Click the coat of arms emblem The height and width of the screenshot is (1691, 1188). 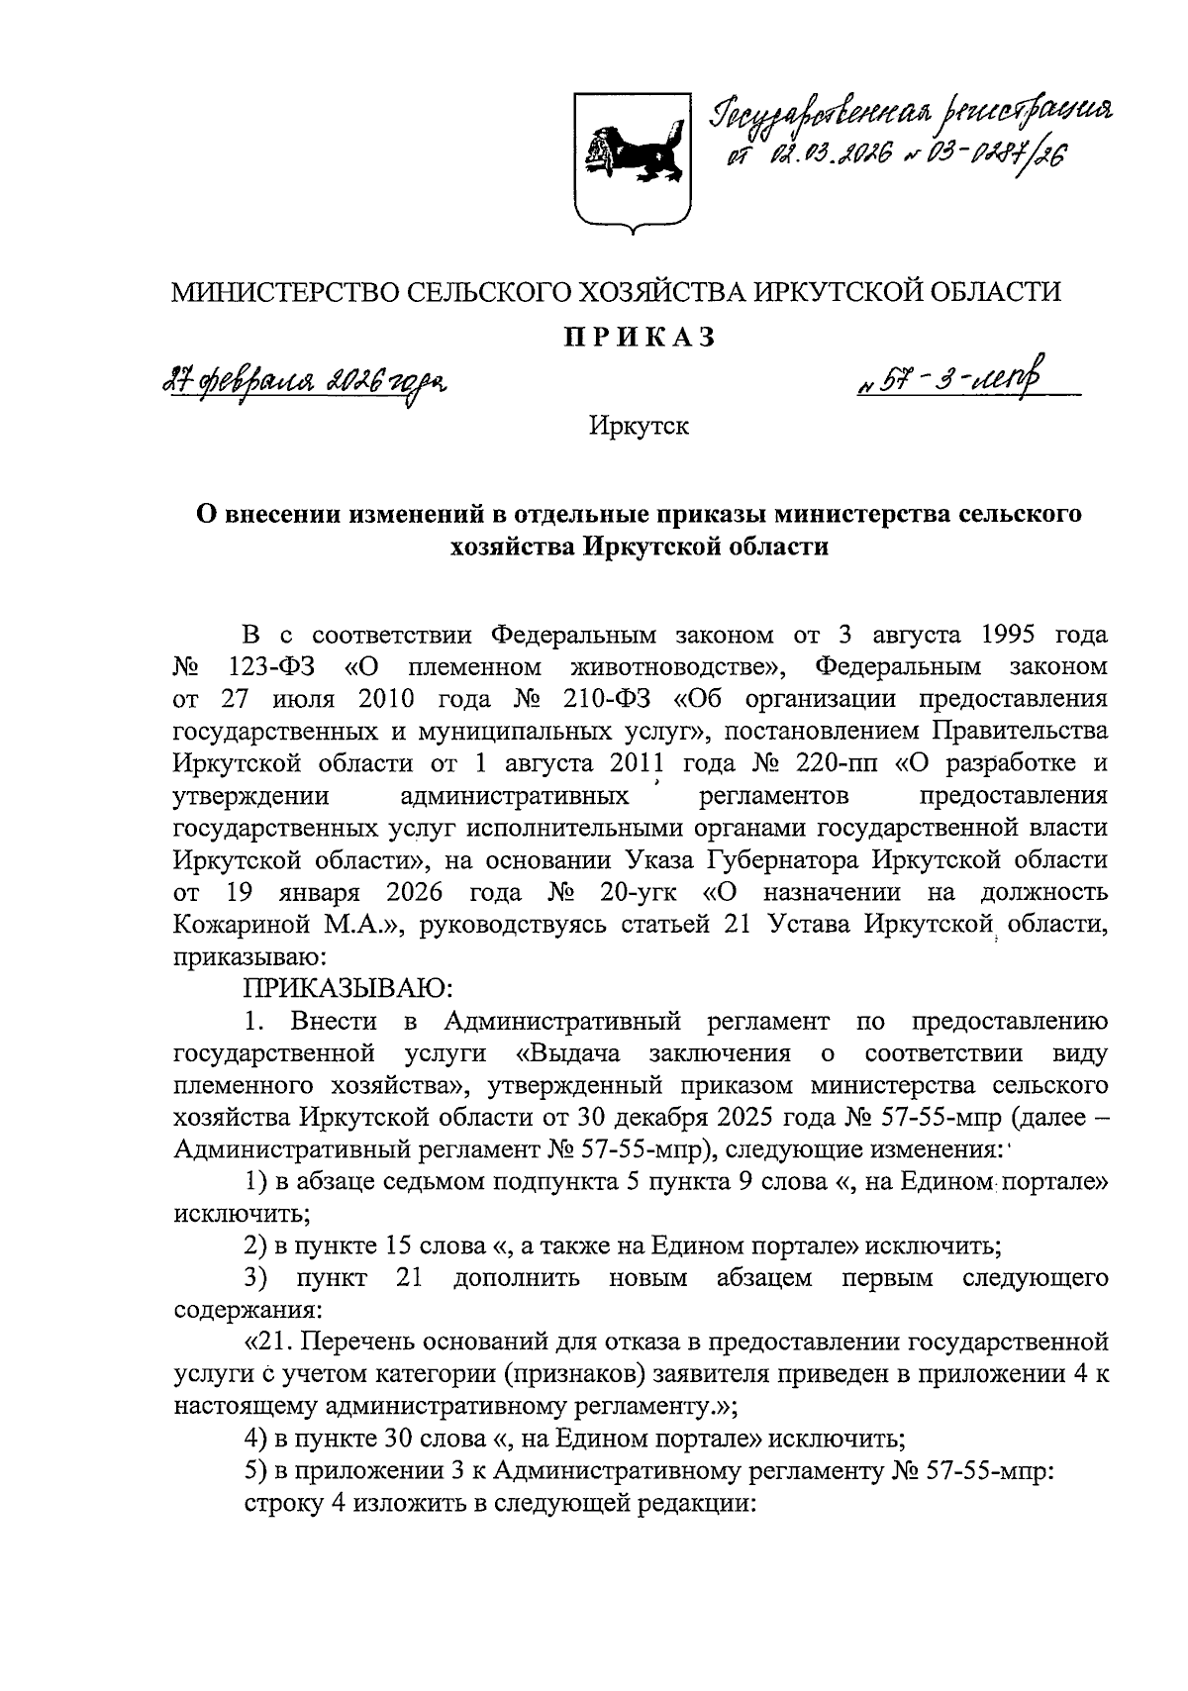click(633, 159)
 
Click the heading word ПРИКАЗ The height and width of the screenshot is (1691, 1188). click(639, 339)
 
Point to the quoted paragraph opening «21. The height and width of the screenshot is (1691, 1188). click(268, 1343)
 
